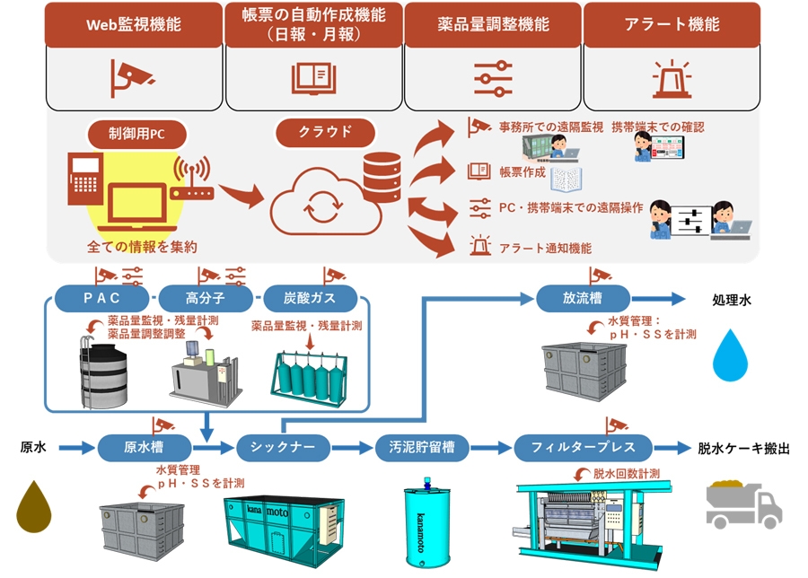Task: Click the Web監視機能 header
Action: (x=133, y=24)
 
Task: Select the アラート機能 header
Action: (x=672, y=24)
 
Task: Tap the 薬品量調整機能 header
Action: (x=492, y=24)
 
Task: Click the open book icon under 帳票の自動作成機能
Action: (x=313, y=77)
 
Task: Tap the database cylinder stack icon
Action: (x=382, y=177)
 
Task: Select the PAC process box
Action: (x=101, y=297)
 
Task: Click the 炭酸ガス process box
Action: (x=311, y=297)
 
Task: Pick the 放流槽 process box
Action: (x=583, y=297)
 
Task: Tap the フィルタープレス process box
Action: (x=583, y=446)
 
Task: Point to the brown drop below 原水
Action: (x=33, y=506)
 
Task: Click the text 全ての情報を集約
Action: (x=142, y=246)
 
